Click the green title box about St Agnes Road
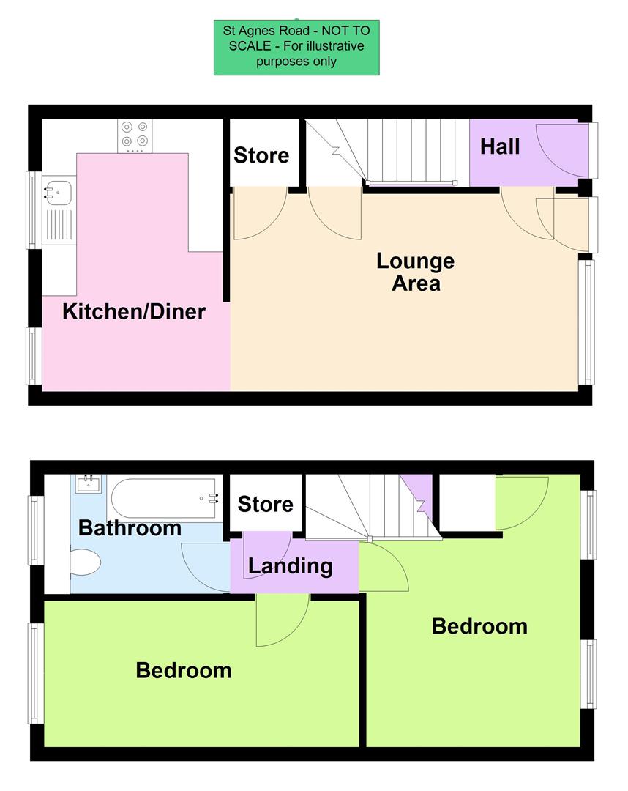tap(296, 47)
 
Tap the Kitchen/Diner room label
tap(134, 311)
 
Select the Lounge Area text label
tap(415, 272)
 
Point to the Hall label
tap(500, 146)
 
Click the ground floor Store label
tap(261, 155)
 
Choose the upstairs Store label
tap(265, 504)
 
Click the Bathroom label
tap(130, 527)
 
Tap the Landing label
tap(290, 565)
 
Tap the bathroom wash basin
tap(89, 483)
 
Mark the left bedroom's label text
tap(184, 669)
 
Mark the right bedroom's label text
tap(479, 626)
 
